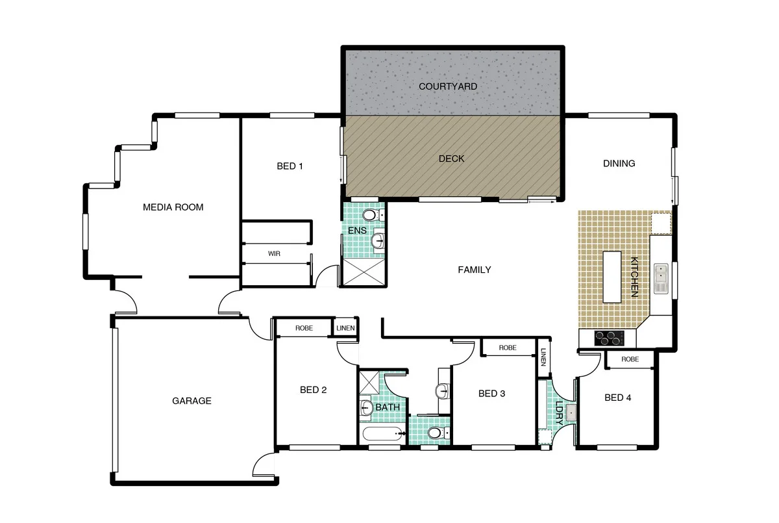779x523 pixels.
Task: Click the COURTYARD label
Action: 447,86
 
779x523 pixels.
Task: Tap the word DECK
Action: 451,159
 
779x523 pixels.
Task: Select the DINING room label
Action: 619,164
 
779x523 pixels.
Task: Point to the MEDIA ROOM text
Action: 173,207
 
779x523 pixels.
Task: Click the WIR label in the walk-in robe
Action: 274,253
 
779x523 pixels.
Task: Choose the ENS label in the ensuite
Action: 357,231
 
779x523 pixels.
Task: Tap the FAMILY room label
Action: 474,270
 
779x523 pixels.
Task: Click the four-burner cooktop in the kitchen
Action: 610,338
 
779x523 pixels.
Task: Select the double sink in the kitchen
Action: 661,279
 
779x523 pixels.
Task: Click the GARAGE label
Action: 192,401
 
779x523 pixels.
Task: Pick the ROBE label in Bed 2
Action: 304,328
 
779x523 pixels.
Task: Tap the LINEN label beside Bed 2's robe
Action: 345,328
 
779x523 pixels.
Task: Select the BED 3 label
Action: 491,393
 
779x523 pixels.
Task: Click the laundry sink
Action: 571,412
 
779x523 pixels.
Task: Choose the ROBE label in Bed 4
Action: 630,359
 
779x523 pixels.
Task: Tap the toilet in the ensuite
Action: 371,215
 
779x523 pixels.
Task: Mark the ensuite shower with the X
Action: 362,274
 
